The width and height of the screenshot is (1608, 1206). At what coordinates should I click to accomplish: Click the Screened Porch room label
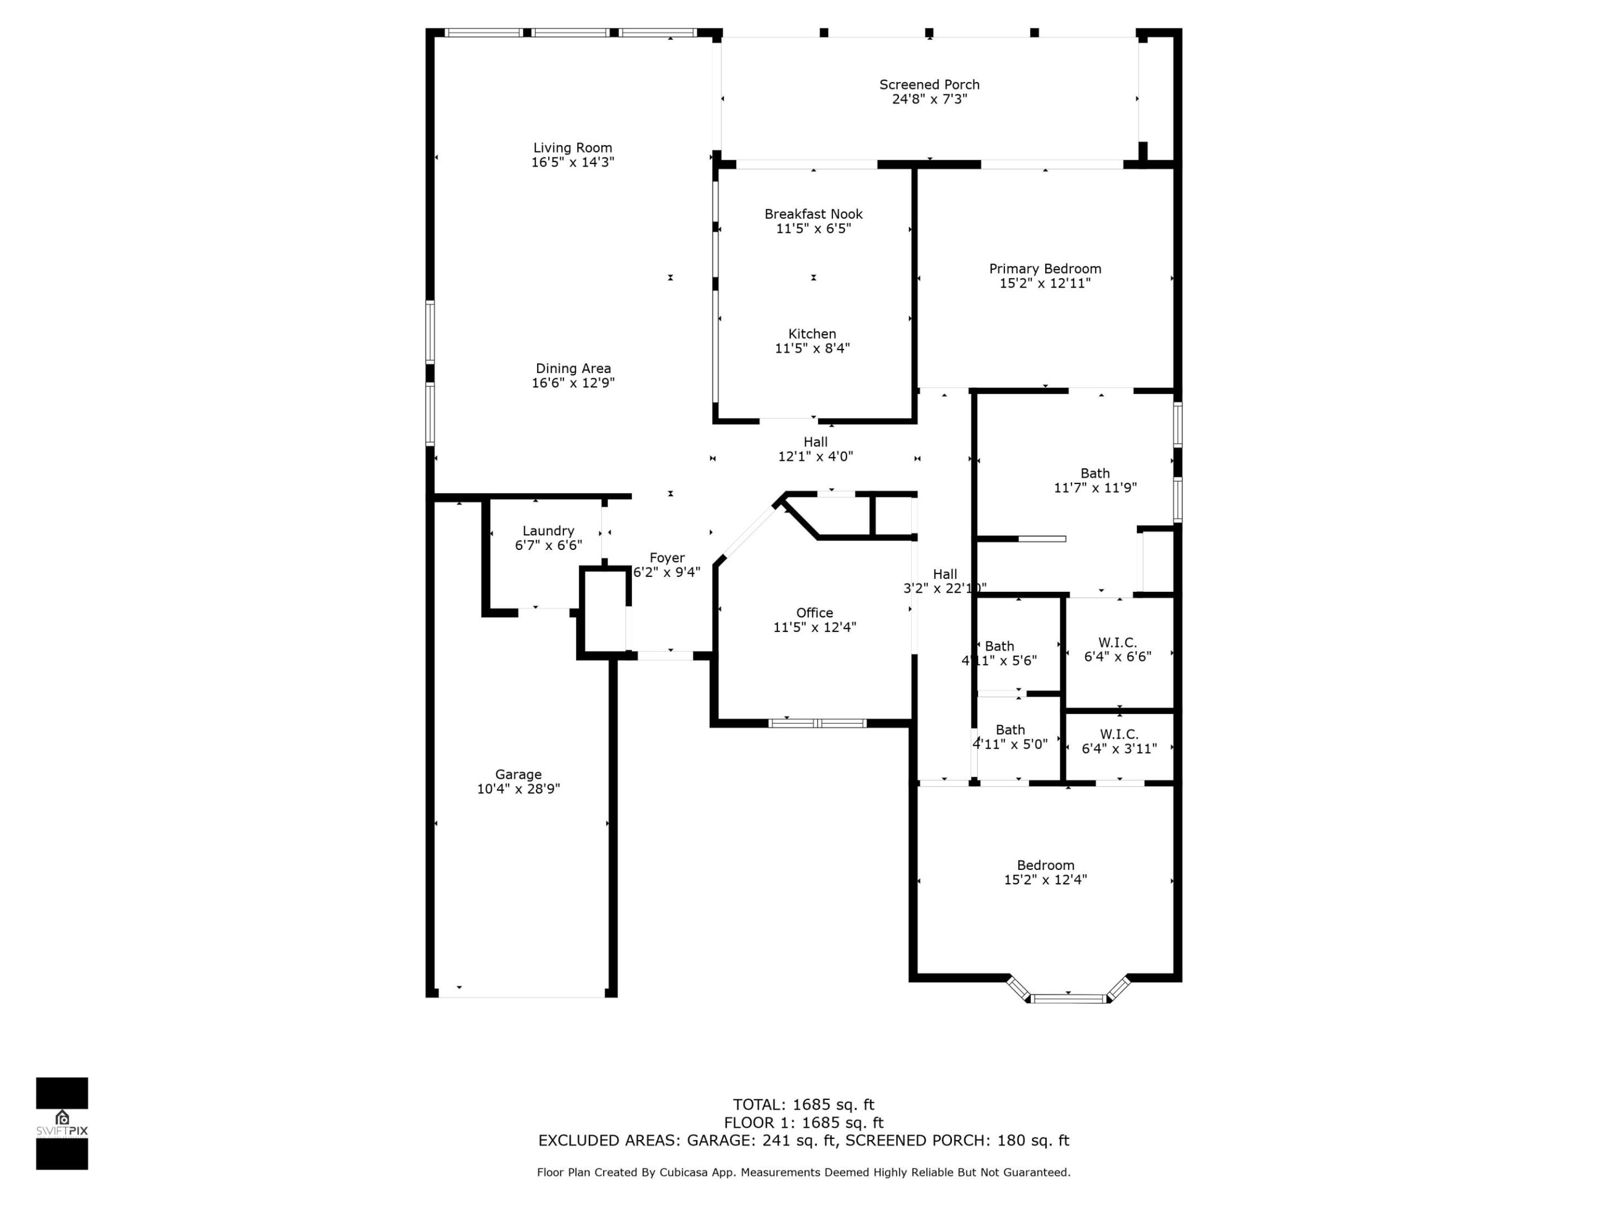click(929, 85)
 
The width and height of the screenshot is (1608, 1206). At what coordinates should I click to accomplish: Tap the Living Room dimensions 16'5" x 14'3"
click(573, 162)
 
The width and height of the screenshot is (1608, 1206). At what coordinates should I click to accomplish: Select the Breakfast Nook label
click(813, 214)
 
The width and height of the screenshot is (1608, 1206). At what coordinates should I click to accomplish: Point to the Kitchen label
click(812, 334)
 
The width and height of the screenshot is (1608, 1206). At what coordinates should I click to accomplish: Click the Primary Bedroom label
click(1045, 269)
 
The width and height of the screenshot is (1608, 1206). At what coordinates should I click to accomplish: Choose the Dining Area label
click(573, 368)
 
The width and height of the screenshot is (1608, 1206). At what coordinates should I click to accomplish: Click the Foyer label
click(667, 558)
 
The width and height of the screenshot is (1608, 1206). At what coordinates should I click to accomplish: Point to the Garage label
click(518, 775)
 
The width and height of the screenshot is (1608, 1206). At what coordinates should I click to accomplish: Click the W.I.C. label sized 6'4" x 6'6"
click(1117, 643)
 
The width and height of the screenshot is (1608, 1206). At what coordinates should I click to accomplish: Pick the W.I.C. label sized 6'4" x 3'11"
click(1119, 734)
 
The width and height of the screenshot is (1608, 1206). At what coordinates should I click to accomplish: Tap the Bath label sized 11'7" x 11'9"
click(1095, 474)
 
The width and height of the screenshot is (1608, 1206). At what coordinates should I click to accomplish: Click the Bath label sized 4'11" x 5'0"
click(1009, 730)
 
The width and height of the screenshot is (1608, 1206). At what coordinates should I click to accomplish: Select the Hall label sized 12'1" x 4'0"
click(815, 442)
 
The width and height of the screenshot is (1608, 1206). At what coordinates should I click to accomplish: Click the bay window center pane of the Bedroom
click(1068, 999)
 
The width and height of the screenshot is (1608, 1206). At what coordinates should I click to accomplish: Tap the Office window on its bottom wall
click(817, 723)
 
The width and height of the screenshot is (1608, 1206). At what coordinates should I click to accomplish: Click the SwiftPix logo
click(62, 1123)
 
